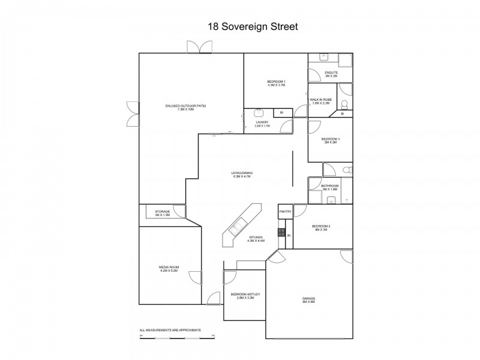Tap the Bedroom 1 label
pos(276,82)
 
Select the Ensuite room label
pos(332,73)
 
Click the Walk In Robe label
pos(321,100)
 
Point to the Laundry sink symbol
pos(259,112)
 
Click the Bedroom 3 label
pos(331,139)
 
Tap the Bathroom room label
pos(330,186)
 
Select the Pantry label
pos(285,211)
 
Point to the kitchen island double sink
pos(236,226)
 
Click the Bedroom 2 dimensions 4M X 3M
pos(320,230)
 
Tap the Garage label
pos(309,298)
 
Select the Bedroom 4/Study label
pos(242,294)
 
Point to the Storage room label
pos(163,211)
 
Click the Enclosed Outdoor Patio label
pos(186,106)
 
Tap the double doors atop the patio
pos(199,47)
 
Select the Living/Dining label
pos(241,173)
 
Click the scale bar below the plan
pos(177,337)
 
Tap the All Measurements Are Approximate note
pos(170,330)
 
